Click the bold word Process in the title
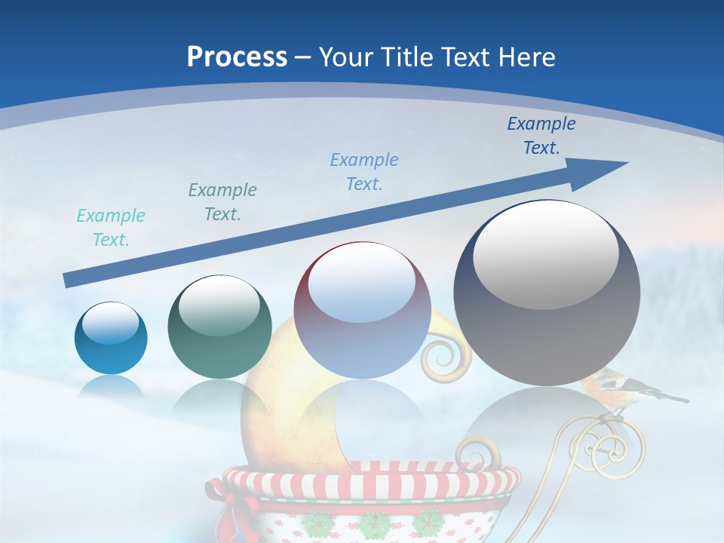237,57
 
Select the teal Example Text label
111,228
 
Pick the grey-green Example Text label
222,202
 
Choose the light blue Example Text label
364,172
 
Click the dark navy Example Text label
541,136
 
